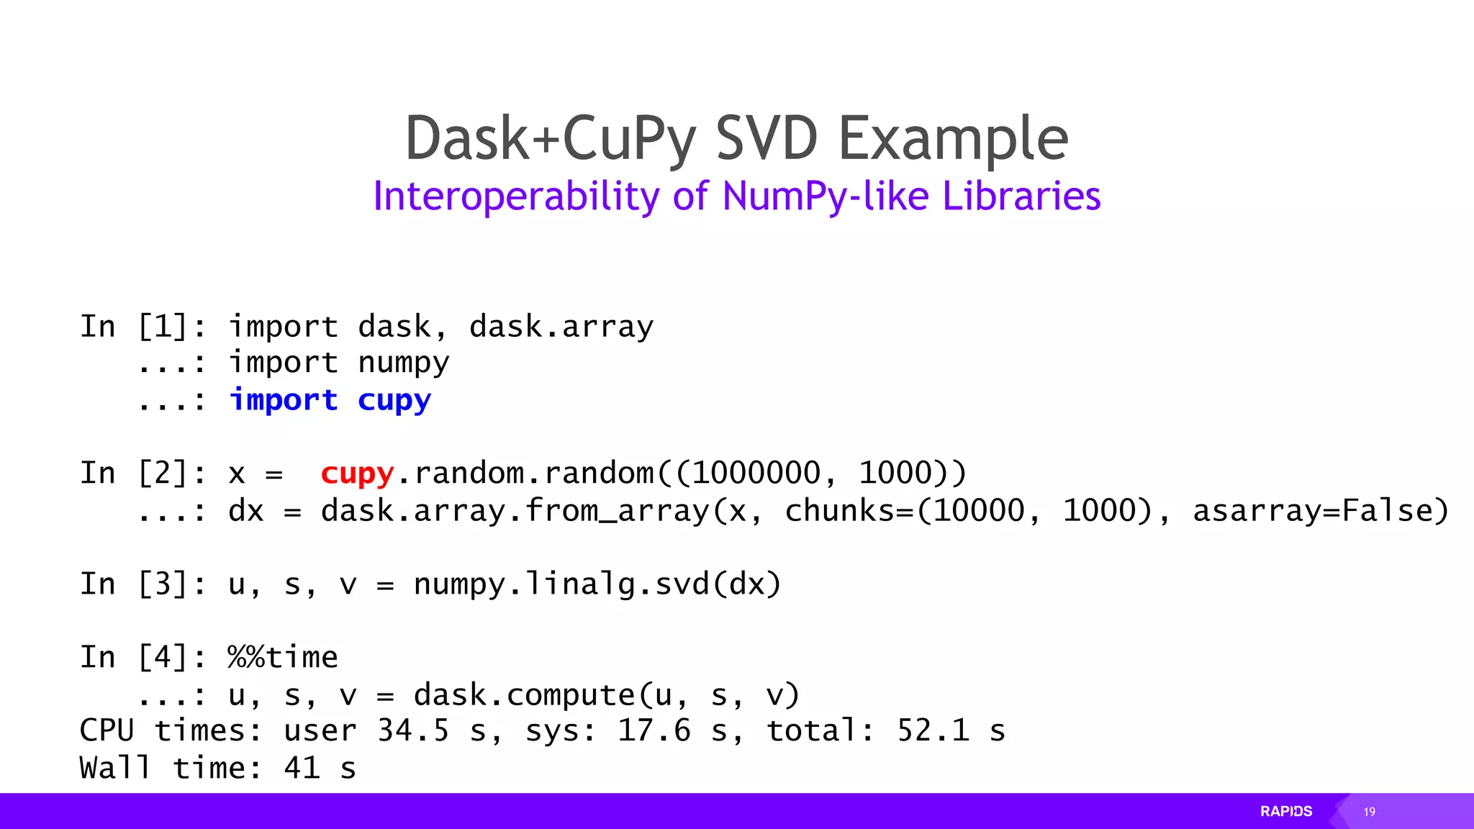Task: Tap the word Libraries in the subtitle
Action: point(1021,196)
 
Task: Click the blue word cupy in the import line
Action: point(394,400)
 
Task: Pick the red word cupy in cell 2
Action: point(357,474)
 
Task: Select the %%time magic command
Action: point(283,657)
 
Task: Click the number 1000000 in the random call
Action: point(756,474)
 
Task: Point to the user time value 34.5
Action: point(413,731)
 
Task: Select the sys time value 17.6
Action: point(654,731)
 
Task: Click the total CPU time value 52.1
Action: point(933,731)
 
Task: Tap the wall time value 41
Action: point(302,769)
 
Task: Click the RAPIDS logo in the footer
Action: point(1286,812)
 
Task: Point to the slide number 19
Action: point(1369,812)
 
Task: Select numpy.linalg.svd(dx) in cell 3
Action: point(597,584)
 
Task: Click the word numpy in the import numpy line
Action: point(404,363)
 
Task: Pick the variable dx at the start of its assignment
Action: point(246,511)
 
